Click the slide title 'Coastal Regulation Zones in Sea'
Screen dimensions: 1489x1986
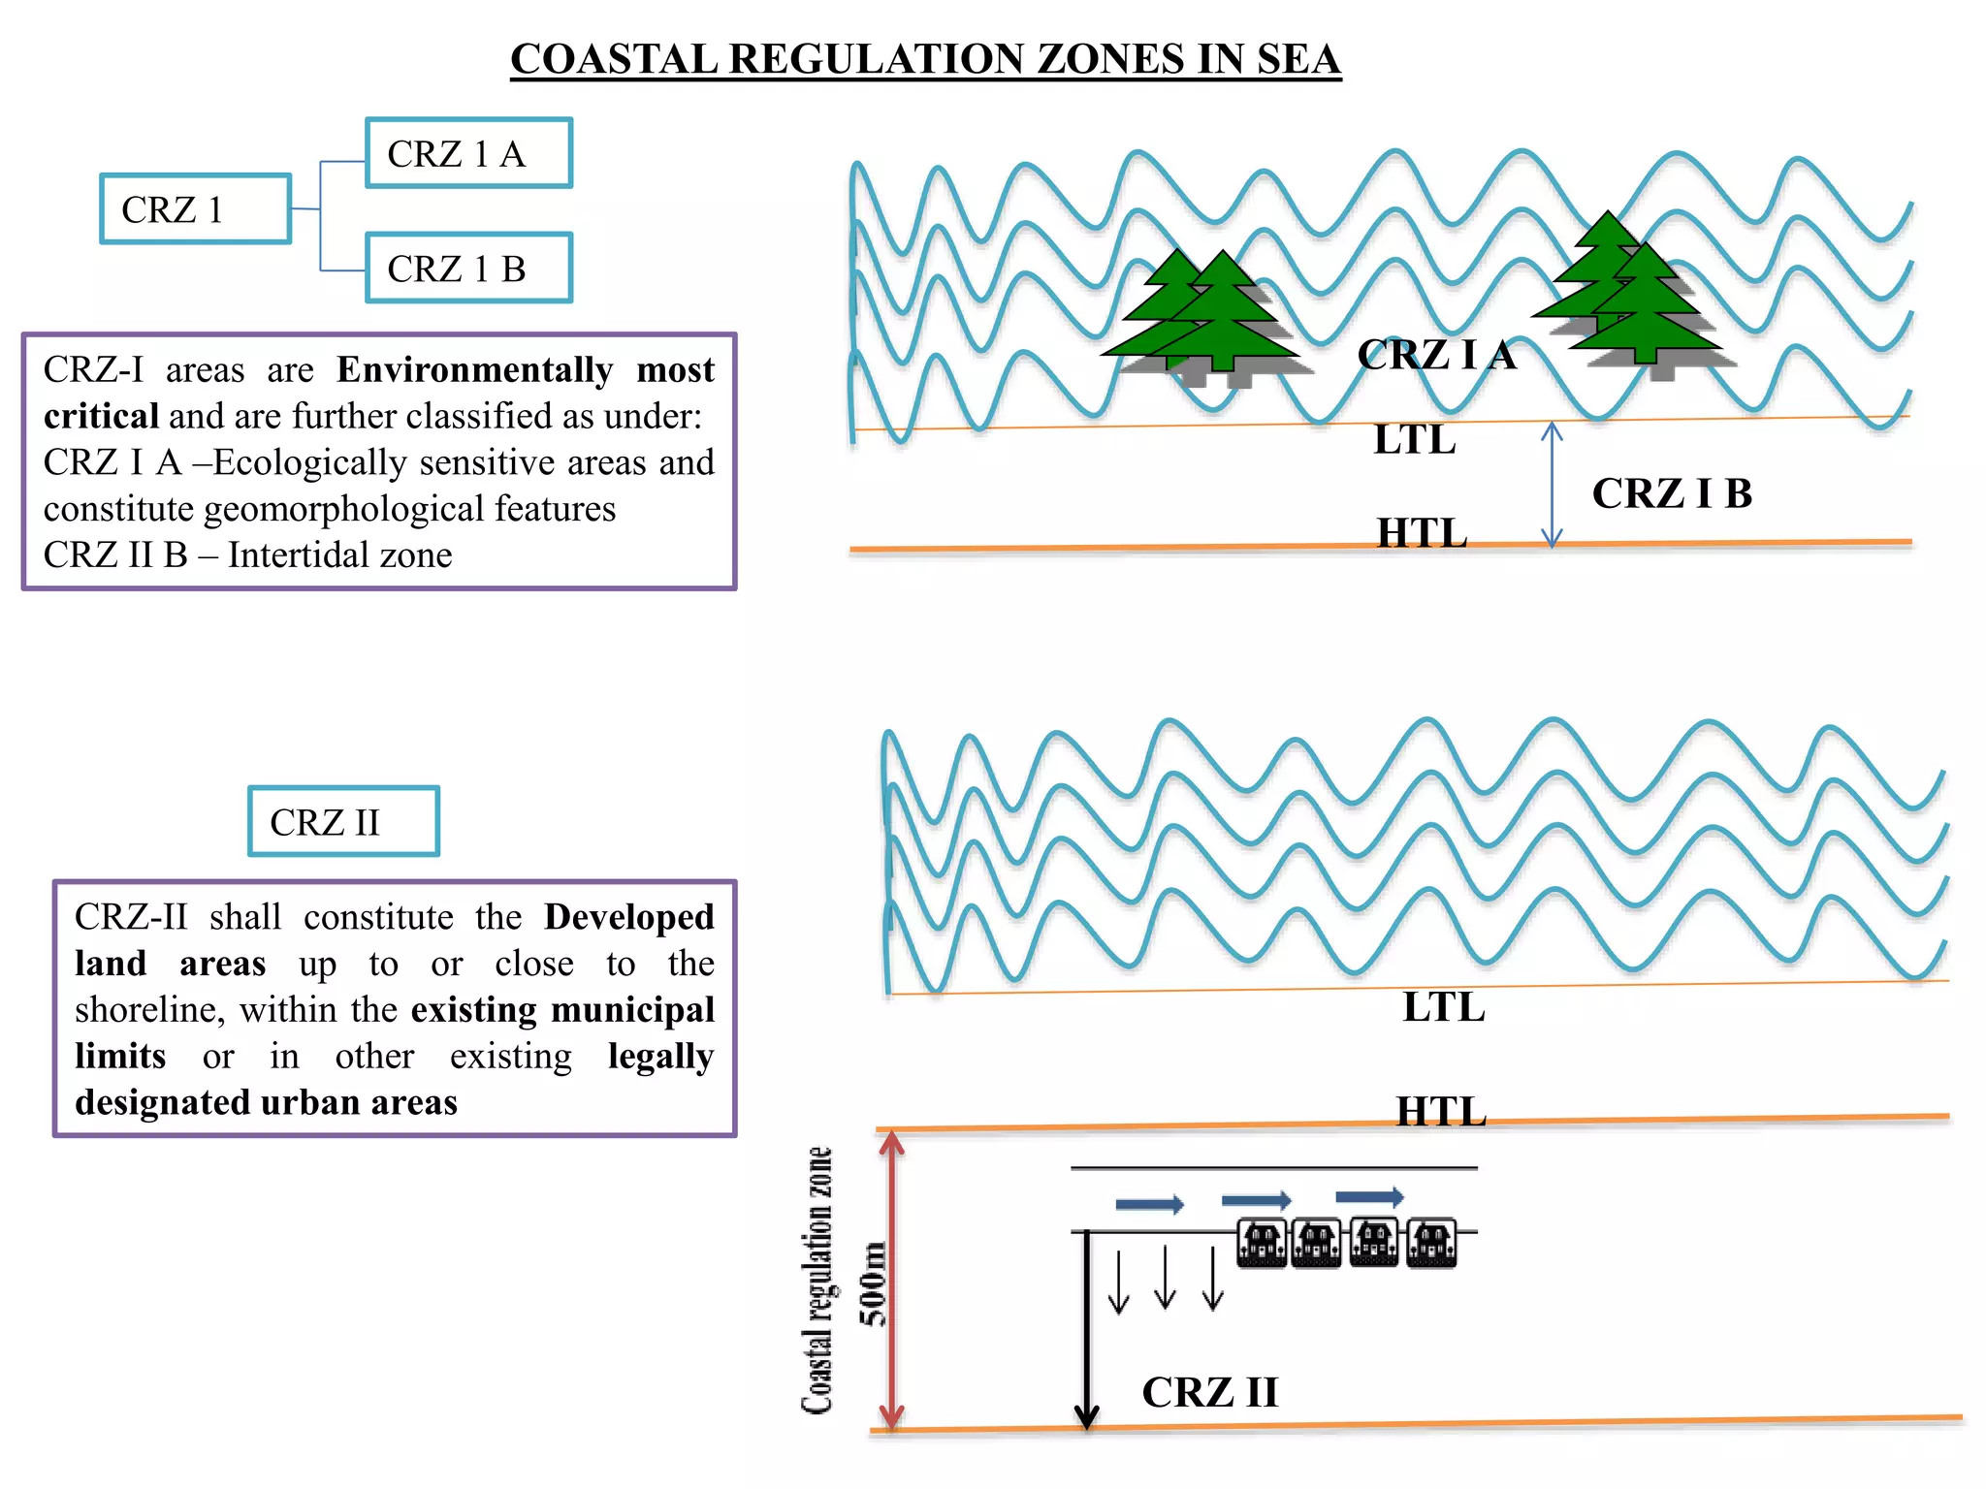[925, 59]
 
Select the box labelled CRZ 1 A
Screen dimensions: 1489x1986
[468, 153]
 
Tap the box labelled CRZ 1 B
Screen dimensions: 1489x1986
[468, 269]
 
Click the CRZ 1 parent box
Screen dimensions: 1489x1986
[195, 209]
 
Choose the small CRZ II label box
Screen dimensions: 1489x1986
[343, 822]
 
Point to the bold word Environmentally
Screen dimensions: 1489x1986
[474, 370]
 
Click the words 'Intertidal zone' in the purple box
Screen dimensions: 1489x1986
[339, 555]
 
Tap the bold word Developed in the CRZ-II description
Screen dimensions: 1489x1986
[628, 917]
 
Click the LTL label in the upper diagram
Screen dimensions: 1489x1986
[1414, 440]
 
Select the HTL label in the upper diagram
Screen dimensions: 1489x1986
[1422, 533]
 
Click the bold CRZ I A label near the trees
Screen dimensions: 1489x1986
[1436, 355]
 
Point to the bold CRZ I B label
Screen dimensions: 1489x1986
[1672, 493]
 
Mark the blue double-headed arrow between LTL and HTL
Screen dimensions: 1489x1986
[1552, 485]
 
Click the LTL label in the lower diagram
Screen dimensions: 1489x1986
[1443, 1007]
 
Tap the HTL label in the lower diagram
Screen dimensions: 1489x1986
[1441, 1111]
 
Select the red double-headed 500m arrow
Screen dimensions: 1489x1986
[891, 1280]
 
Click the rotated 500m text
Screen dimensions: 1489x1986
[873, 1283]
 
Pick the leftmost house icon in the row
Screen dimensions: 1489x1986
[1262, 1243]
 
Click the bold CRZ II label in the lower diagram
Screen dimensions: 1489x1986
[1209, 1392]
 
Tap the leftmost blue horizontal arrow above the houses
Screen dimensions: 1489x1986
[1150, 1205]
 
